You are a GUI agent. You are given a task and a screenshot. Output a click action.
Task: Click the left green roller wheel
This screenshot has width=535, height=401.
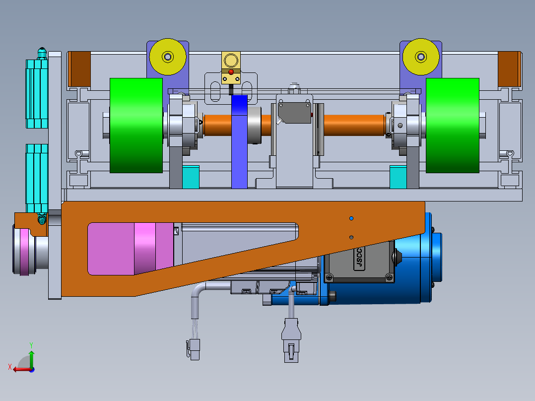point(136,125)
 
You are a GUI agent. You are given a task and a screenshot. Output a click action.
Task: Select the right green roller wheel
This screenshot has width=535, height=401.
point(453,125)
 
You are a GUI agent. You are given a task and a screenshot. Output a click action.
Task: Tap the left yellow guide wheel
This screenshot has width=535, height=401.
point(168,57)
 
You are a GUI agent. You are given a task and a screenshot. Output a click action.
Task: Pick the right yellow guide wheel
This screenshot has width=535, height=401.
point(421,57)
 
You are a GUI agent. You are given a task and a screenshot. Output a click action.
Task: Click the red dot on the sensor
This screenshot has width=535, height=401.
point(231,72)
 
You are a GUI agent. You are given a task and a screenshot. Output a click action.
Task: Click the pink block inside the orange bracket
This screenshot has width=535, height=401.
point(131,249)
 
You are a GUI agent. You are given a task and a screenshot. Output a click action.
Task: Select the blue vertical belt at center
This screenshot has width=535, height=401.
point(240,141)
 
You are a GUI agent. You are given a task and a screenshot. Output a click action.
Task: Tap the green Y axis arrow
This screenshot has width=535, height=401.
point(31,358)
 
